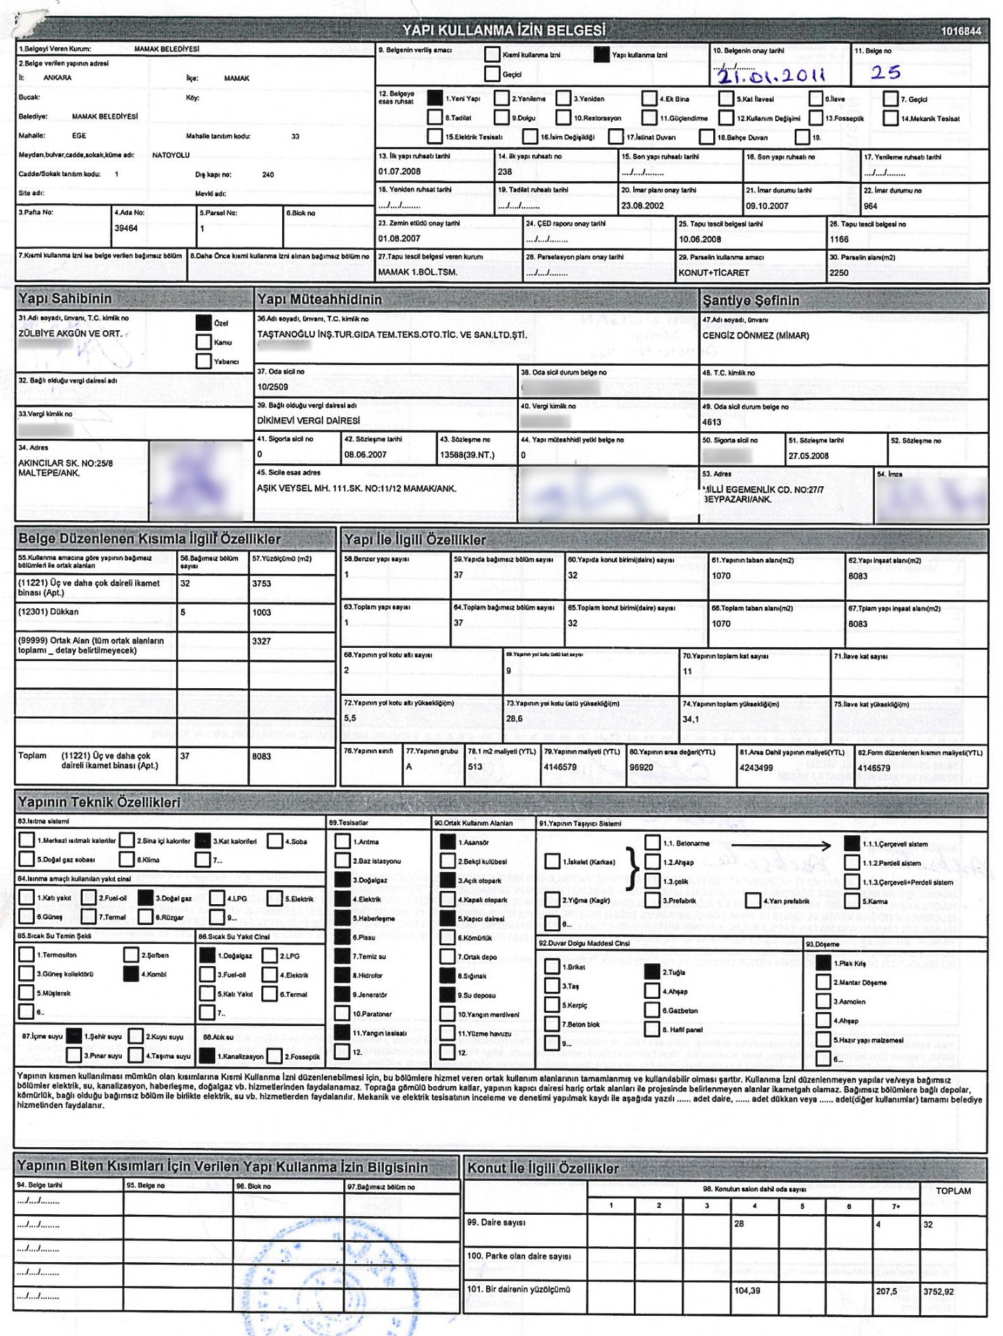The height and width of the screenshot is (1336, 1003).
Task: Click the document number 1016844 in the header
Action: [x=961, y=31]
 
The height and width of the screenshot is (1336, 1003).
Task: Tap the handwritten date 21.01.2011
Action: [x=770, y=75]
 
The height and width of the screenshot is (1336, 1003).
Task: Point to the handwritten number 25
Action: [x=885, y=72]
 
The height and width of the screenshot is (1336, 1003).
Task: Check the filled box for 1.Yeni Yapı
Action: [x=435, y=98]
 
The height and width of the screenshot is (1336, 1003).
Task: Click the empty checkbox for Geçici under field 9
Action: [x=492, y=74]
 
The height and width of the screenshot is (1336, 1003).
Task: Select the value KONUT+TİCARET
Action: [x=714, y=272]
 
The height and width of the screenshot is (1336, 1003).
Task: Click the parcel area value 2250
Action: [x=839, y=272]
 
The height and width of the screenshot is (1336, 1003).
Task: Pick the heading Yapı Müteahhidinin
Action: [x=320, y=300]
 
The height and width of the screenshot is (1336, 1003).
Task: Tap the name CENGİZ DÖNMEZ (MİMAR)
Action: [x=756, y=336]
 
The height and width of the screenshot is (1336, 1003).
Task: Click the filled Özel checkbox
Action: [x=203, y=323]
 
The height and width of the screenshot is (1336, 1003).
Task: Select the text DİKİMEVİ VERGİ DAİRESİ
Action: [x=309, y=421]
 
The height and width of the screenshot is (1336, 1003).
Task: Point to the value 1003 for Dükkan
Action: [x=262, y=612]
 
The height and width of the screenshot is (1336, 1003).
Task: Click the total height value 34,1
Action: [x=690, y=719]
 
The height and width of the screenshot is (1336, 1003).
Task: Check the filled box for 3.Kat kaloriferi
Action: [x=203, y=841]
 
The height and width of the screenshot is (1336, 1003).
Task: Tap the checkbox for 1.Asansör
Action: [x=447, y=841]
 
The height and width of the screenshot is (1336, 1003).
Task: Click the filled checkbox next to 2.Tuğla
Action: [x=652, y=972]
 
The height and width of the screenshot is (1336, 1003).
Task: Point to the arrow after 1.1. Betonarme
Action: [x=780, y=846]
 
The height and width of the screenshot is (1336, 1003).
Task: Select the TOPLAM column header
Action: [x=953, y=1191]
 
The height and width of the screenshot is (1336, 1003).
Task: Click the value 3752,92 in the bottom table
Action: [x=938, y=1291]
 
